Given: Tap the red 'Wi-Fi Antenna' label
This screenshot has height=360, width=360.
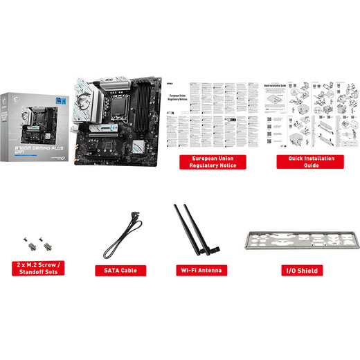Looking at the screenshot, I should click(200, 271).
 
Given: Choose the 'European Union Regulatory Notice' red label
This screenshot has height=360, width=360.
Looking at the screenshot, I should click(203, 162).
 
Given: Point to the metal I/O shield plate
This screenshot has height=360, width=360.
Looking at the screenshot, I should click(299, 240).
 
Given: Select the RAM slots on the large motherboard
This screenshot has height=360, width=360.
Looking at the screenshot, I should click(145, 104).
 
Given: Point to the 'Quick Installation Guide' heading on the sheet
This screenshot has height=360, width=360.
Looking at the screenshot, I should click(276, 88).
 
